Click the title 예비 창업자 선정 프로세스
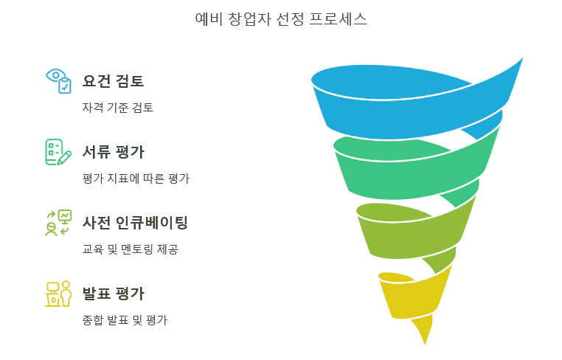pos(281,20)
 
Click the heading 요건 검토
pos(113,81)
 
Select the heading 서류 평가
pos(113,152)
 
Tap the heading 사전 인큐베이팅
pos(135,223)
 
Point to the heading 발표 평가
pos(113,294)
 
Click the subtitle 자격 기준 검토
pos(118,107)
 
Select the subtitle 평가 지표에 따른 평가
pos(136,178)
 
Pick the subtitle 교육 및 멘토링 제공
pos(130,249)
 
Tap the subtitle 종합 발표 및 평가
pos(125,319)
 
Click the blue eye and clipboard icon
pos(58,80)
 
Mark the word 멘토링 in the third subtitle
pos(136,249)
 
